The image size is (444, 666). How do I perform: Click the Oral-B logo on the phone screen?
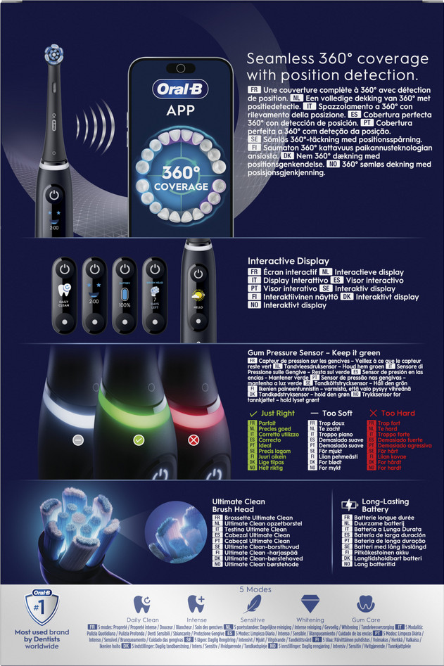(180, 89)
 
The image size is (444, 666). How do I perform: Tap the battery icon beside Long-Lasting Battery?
(349, 505)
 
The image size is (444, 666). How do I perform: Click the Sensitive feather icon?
(253, 604)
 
